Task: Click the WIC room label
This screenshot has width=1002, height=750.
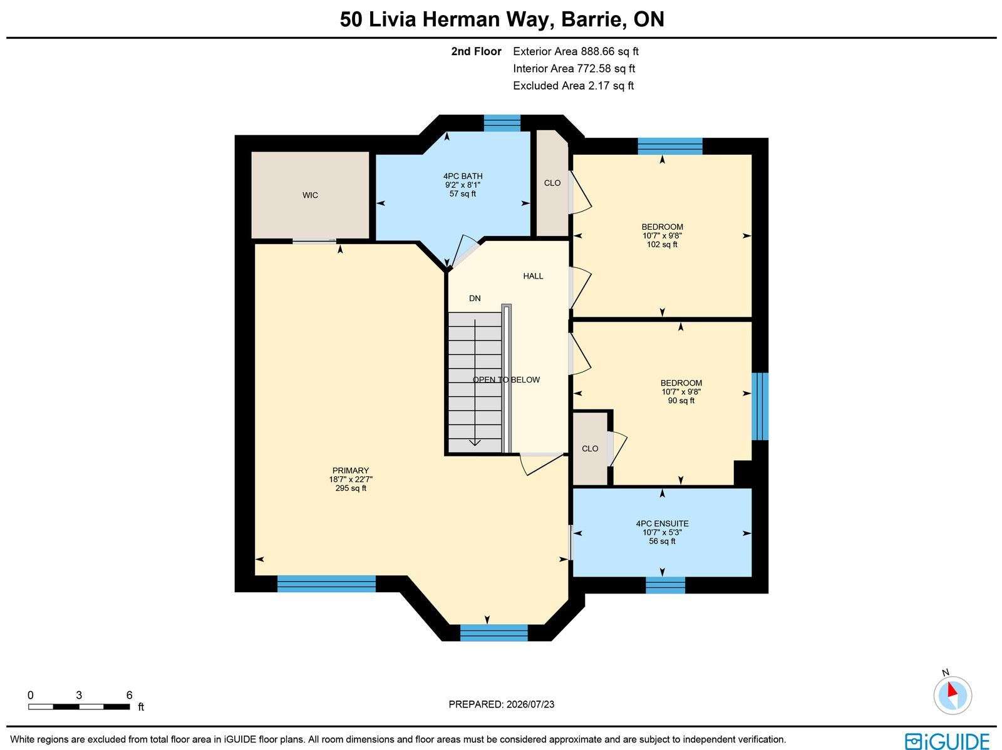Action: pos(310,195)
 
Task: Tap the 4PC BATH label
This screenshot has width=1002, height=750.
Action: pos(463,176)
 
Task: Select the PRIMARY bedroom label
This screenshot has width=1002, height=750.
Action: pos(351,470)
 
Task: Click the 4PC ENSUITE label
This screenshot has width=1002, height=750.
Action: pos(663,524)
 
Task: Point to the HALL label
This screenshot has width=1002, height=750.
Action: pos(533,276)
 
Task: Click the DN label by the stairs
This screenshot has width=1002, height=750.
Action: pos(475,299)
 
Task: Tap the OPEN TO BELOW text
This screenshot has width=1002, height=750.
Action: pos(506,379)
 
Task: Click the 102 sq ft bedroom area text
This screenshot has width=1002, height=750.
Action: pos(663,245)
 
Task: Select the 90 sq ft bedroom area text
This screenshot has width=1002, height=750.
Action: pos(681,401)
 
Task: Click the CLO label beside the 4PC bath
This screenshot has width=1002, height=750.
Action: pos(552,183)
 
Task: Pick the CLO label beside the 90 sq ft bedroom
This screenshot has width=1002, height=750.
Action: pos(590,449)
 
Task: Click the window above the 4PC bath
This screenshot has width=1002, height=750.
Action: pos(502,123)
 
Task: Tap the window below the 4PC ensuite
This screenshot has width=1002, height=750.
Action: pos(666,585)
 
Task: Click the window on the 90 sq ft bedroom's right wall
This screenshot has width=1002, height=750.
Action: pos(760,406)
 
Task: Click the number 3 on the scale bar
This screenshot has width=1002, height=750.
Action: pos(79,696)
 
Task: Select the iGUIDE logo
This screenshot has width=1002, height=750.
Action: pos(947,741)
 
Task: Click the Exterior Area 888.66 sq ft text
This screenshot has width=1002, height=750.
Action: pos(576,51)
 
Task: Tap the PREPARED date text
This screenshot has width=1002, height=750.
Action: pos(502,704)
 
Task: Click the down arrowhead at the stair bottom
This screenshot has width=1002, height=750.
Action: pos(475,443)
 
